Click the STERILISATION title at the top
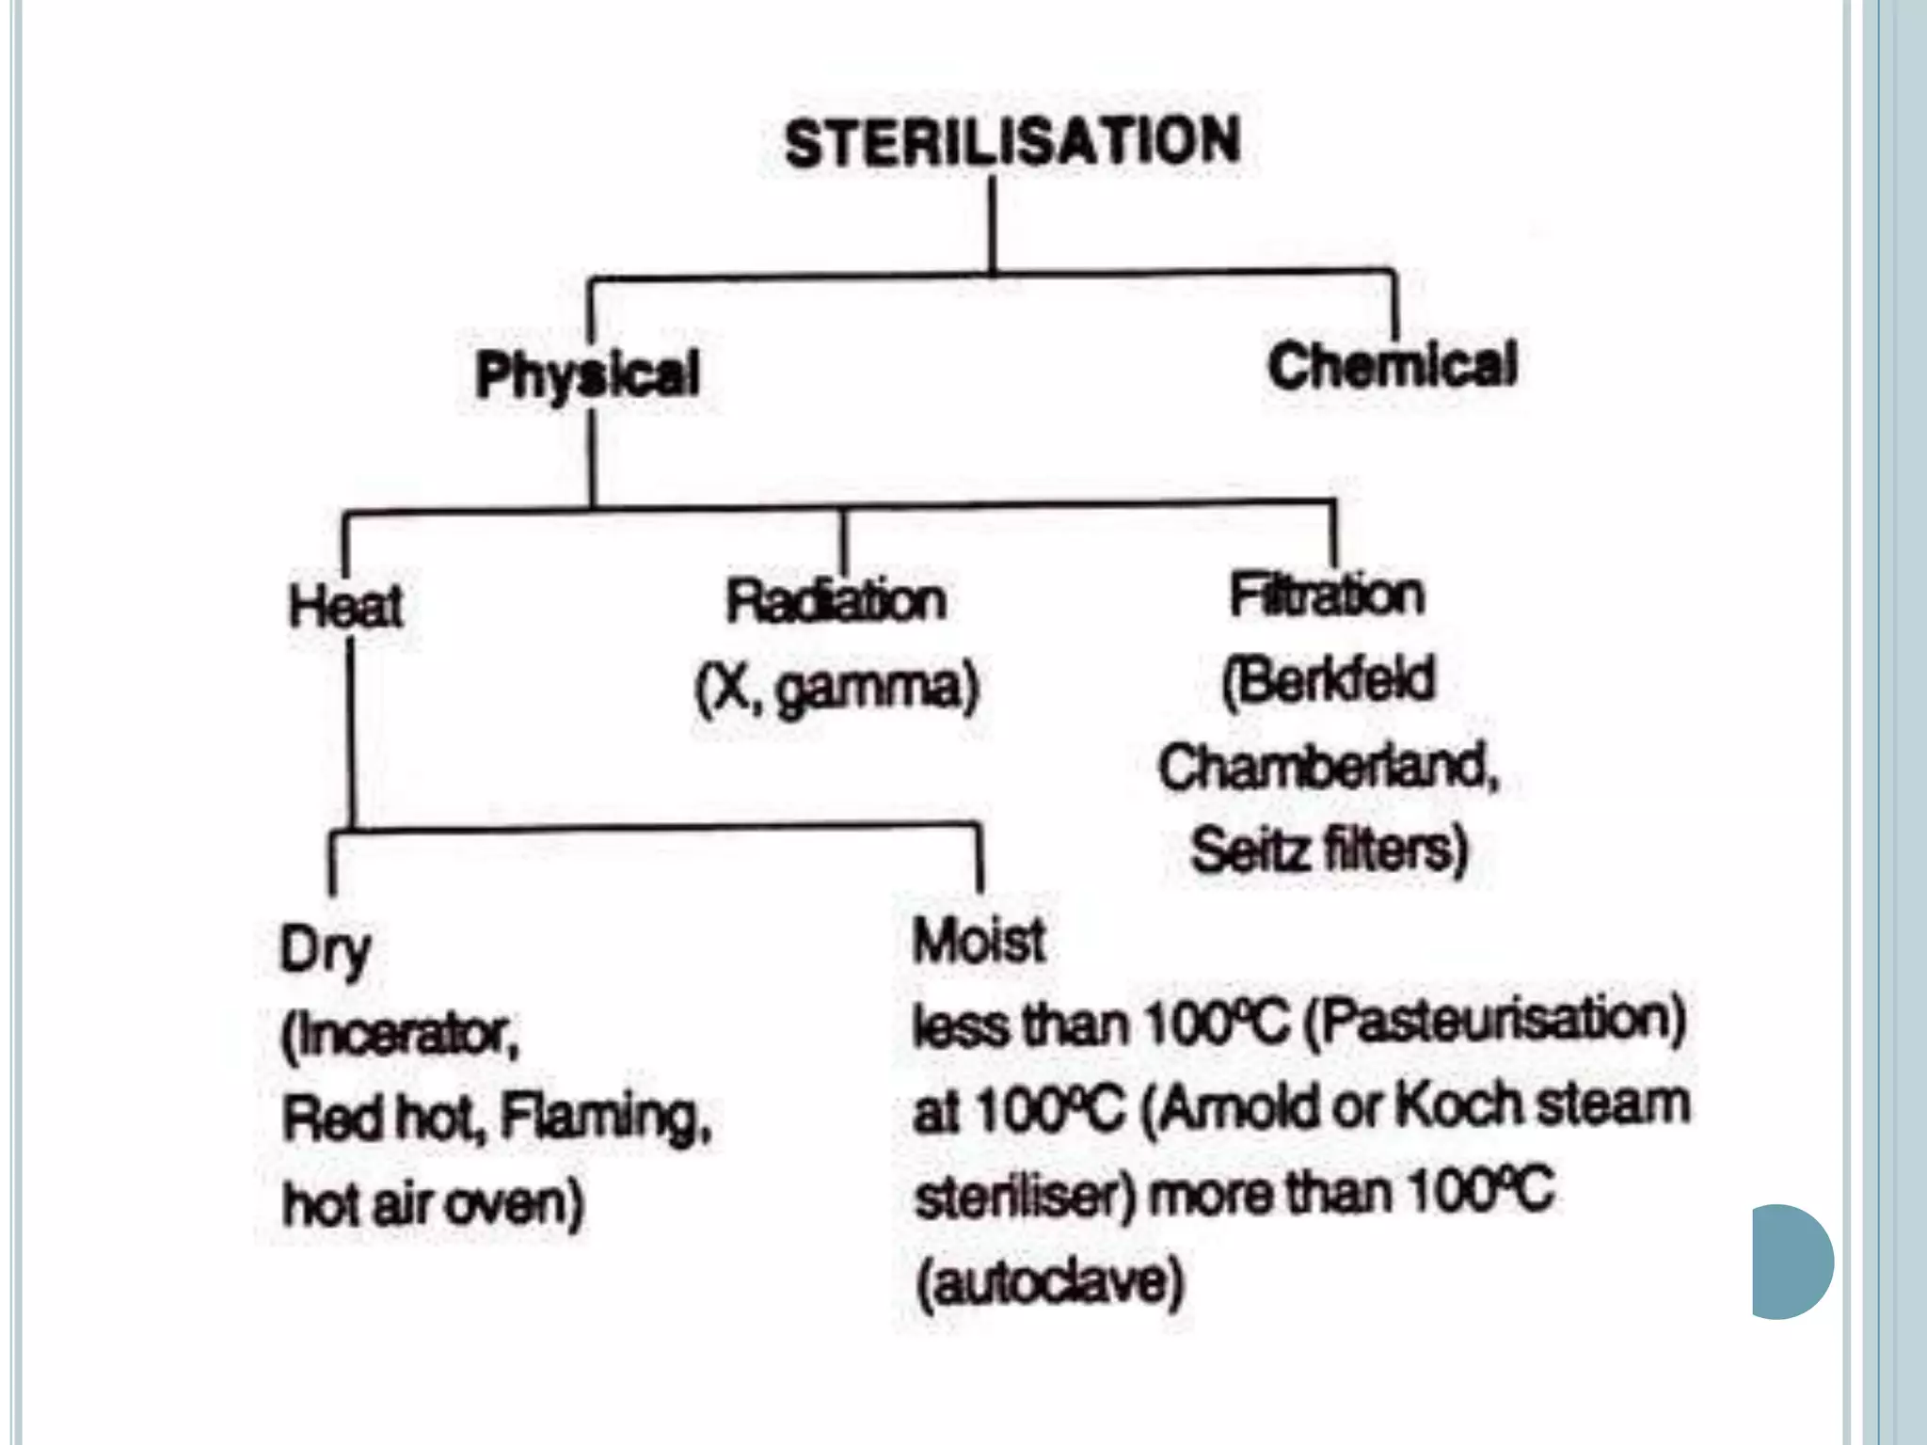[1011, 143]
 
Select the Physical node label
[587, 374]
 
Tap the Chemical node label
[1392, 365]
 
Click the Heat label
[345, 606]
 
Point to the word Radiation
[836, 600]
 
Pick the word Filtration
[1327, 595]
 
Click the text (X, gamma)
[836, 688]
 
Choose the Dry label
[325, 950]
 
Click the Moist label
[979, 941]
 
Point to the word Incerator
[405, 1035]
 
